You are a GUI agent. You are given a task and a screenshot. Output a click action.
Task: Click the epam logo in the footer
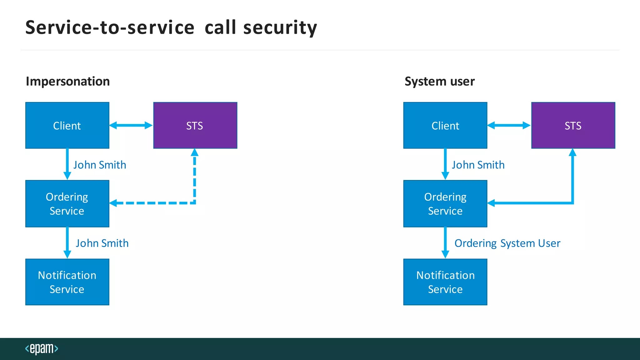coord(42,348)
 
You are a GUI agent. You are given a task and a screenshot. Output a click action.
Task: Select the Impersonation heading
coord(68,81)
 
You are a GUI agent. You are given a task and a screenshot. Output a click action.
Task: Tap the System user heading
coord(439,81)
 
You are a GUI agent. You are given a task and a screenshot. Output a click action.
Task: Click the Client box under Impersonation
coord(67,125)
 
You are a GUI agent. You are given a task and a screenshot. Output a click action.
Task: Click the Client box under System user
coord(445,125)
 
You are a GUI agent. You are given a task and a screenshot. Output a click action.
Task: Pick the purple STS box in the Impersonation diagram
coord(195,125)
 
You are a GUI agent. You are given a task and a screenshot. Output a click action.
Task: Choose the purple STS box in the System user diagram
coord(573,125)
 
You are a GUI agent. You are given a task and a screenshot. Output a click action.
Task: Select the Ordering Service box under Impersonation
coord(67,203)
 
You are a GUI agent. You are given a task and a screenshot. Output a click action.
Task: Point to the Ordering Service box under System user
coord(445,203)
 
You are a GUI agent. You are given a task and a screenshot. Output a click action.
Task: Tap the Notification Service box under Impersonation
coord(67,282)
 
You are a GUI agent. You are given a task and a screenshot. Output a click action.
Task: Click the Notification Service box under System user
coord(445,282)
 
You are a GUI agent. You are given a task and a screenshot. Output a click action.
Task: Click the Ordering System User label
coord(507,243)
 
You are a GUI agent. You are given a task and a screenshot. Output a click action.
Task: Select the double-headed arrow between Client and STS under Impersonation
coord(131,125)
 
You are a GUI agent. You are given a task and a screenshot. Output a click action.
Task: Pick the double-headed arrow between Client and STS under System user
coord(509,125)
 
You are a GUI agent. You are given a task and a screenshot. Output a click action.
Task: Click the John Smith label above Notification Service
coord(102,243)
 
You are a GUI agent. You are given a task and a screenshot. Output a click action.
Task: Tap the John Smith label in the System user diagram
coord(478,165)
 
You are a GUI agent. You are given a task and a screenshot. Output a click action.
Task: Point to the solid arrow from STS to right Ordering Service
coord(572,187)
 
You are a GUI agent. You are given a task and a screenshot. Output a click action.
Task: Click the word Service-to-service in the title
coord(110,27)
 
